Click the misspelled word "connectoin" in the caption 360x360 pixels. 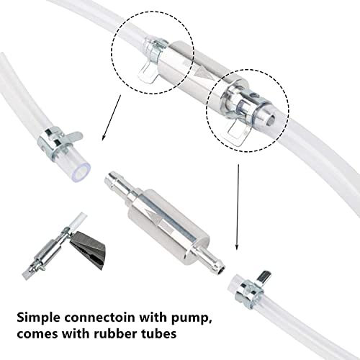coord(99,318)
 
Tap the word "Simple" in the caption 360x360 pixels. coord(37,318)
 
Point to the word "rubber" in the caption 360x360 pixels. coord(112,333)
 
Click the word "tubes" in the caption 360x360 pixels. coord(157,333)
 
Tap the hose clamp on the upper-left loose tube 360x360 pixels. coord(59,142)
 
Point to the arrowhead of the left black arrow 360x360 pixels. coord(104,138)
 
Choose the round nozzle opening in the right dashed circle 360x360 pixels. coord(271,120)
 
